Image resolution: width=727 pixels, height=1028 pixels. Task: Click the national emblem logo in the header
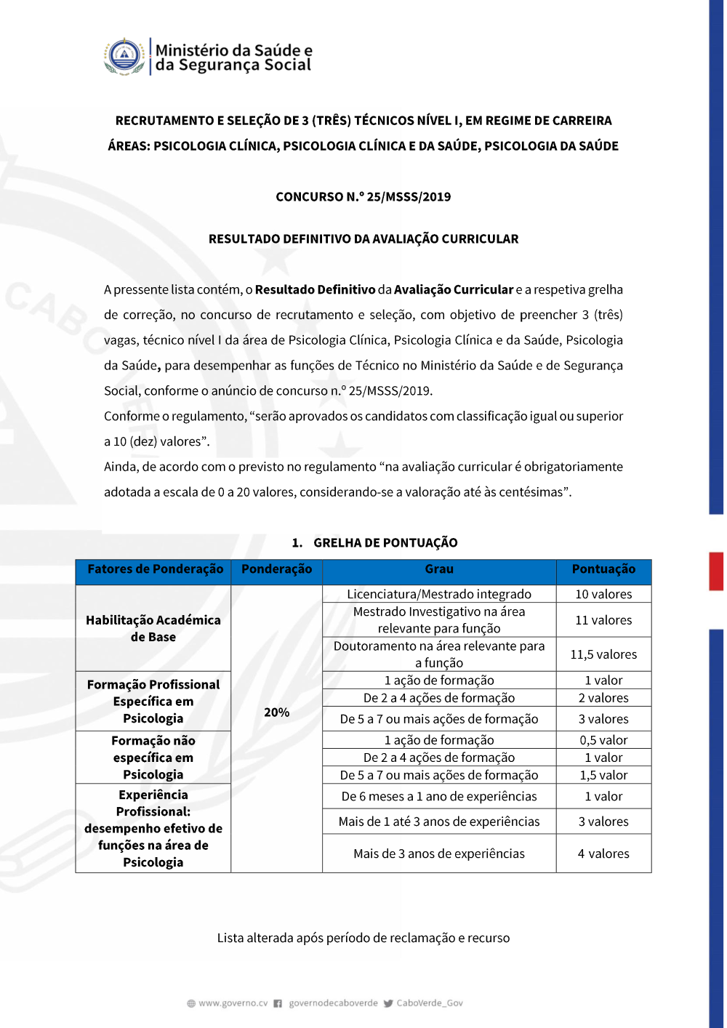point(125,57)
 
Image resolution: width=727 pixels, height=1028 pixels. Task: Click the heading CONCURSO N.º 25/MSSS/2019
point(363,197)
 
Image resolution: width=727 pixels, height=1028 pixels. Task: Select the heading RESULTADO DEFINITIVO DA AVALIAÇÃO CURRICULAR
point(363,239)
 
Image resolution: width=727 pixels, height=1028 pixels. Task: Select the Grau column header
point(439,569)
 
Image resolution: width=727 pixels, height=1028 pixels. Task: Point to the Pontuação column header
point(603,569)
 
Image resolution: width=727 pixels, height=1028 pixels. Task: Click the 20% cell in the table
point(276,712)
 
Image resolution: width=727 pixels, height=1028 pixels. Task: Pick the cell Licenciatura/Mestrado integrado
point(439,594)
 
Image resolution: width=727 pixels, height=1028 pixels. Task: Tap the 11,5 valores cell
point(603,654)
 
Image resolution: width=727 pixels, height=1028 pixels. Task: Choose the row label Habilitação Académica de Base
point(153,628)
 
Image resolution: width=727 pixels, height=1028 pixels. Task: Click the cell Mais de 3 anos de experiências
point(439,854)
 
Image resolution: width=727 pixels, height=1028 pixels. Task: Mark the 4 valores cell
point(603,854)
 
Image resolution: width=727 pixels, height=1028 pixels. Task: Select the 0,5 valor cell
point(603,740)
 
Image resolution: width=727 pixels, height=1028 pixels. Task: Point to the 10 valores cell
point(603,594)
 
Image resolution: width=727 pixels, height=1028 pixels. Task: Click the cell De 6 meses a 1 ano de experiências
point(439,796)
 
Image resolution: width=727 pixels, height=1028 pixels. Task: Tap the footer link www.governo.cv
point(233,1003)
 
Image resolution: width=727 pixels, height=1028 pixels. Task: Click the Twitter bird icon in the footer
point(388,1003)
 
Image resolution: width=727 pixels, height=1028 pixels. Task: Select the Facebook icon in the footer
point(278,1003)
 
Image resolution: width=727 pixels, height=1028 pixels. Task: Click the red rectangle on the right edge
point(716,571)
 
